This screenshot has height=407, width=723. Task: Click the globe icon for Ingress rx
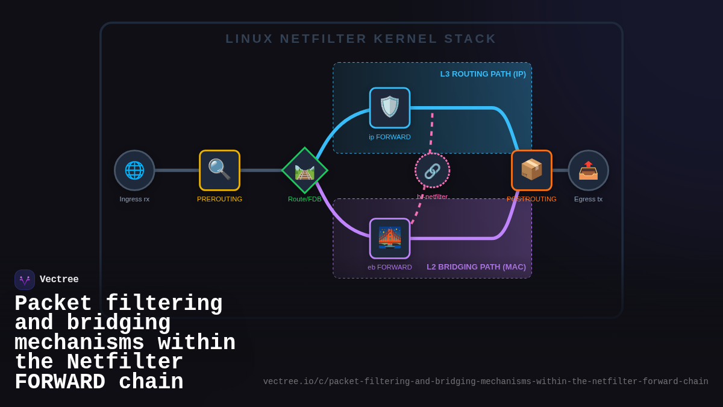pyautogui.click(x=134, y=170)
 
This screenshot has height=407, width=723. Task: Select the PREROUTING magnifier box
pyautogui.click(x=219, y=170)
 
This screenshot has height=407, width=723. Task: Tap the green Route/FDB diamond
pyautogui.click(x=305, y=171)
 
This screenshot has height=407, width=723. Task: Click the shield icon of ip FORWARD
pyautogui.click(x=390, y=107)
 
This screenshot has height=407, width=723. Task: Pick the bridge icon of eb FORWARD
pyautogui.click(x=390, y=238)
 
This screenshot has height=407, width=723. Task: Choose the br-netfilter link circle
pyautogui.click(x=432, y=171)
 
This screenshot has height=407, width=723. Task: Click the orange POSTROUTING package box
pyautogui.click(x=531, y=170)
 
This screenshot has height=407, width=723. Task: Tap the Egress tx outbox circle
pyautogui.click(x=588, y=170)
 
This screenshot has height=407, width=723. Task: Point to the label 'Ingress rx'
pyautogui.click(x=134, y=199)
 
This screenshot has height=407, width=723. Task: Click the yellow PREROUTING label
pyautogui.click(x=219, y=199)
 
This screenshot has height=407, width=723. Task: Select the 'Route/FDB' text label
pyautogui.click(x=305, y=199)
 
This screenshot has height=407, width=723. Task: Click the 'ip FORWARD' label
pyautogui.click(x=390, y=137)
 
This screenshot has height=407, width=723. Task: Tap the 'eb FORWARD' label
pyautogui.click(x=390, y=267)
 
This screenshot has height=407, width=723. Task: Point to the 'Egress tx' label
pyautogui.click(x=588, y=199)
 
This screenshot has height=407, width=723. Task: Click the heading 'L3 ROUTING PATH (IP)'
pyautogui.click(x=483, y=74)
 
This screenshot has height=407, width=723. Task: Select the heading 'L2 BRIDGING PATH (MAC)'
pyautogui.click(x=476, y=267)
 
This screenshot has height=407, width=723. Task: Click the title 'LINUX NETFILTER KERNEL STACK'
pyautogui.click(x=361, y=39)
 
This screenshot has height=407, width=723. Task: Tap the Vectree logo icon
pyautogui.click(x=25, y=280)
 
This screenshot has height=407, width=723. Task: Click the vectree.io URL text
pyautogui.click(x=486, y=382)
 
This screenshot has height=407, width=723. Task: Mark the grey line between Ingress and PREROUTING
pyautogui.click(x=177, y=170)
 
